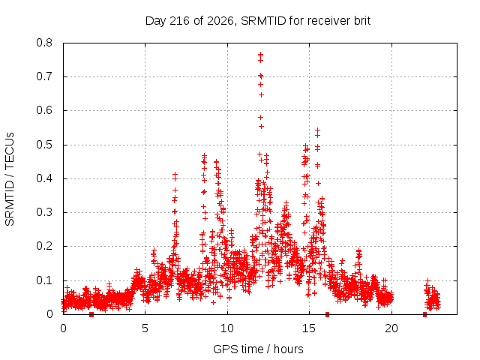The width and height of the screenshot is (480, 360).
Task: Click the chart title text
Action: pyautogui.click(x=258, y=21)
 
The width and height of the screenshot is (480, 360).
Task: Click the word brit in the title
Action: pyautogui.click(x=362, y=20)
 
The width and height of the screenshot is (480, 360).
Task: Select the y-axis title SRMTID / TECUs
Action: pyautogui.click(x=10, y=179)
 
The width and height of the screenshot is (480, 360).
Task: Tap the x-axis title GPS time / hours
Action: pyautogui.click(x=258, y=349)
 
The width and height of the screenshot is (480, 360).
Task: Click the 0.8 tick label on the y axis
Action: pyautogui.click(x=44, y=43)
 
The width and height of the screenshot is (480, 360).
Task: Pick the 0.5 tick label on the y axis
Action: pyautogui.click(x=44, y=145)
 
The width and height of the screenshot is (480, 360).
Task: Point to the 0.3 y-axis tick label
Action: pyautogui.click(x=44, y=212)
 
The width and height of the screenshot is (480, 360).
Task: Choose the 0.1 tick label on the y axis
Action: pyautogui.click(x=44, y=280)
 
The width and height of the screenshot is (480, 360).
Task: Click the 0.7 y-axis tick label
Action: pyautogui.click(x=44, y=76)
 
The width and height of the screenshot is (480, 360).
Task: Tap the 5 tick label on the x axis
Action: pyautogui.click(x=145, y=328)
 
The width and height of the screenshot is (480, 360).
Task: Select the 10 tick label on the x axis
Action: pyautogui.click(x=227, y=328)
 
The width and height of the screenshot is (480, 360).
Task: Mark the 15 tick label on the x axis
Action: pyautogui.click(x=309, y=328)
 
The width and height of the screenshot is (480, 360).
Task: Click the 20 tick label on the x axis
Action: pyautogui.click(x=391, y=328)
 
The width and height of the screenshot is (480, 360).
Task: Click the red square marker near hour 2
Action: pyautogui.click(x=91, y=314)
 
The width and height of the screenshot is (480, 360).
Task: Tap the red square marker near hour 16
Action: pyautogui.click(x=327, y=314)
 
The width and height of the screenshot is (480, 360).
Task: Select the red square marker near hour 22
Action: pyautogui.click(x=424, y=314)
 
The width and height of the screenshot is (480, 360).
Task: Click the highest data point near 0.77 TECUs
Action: pyautogui.click(x=260, y=54)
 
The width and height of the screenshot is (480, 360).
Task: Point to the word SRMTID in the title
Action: pyautogui.click(x=263, y=21)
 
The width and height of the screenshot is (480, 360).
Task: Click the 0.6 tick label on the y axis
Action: pyautogui.click(x=44, y=110)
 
